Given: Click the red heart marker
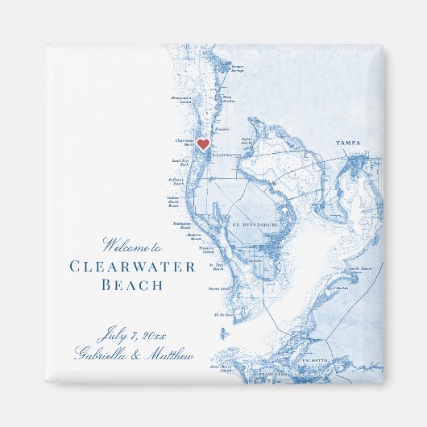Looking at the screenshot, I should coord(204,145).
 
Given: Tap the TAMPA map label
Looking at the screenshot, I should coord(349,143).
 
